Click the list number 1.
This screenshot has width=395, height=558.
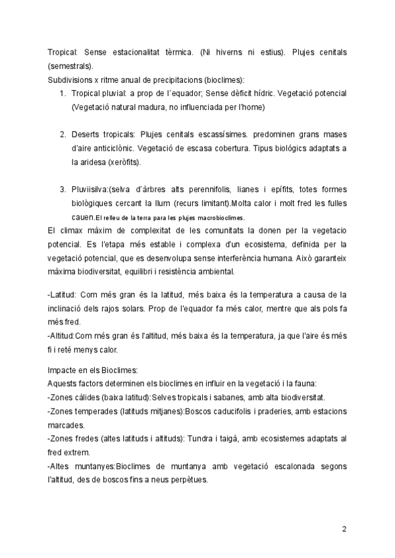(63, 93)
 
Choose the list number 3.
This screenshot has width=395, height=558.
(63, 190)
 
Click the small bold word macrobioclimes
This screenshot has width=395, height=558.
(221, 218)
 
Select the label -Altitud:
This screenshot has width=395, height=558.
(64, 336)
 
